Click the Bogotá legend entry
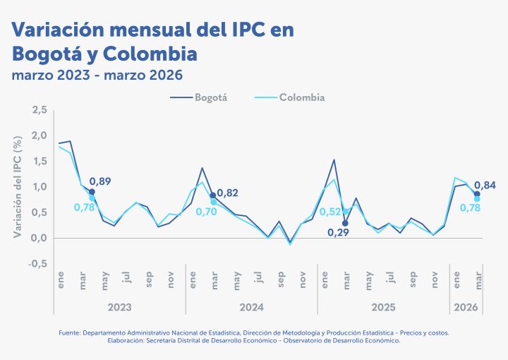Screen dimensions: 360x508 [210, 97]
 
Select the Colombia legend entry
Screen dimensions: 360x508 [302, 97]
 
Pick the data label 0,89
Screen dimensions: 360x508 [100, 181]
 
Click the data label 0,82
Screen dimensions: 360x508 [227, 193]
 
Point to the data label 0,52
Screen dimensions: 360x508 [329, 211]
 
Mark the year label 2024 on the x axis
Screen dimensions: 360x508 [251, 308]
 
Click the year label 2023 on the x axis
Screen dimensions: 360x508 [119, 308]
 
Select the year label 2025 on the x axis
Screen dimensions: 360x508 [383, 308]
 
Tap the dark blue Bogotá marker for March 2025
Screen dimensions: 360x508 [345, 223]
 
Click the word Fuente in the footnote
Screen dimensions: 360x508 [68, 332]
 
